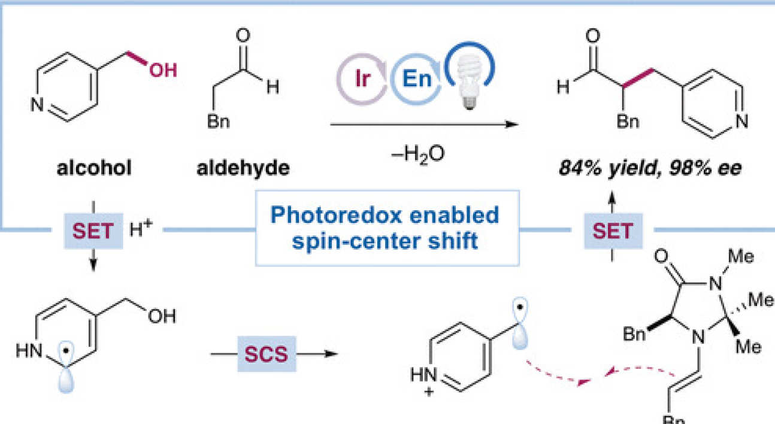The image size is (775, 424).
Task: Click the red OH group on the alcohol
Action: [162, 71]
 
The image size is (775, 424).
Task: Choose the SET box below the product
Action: [613, 230]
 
